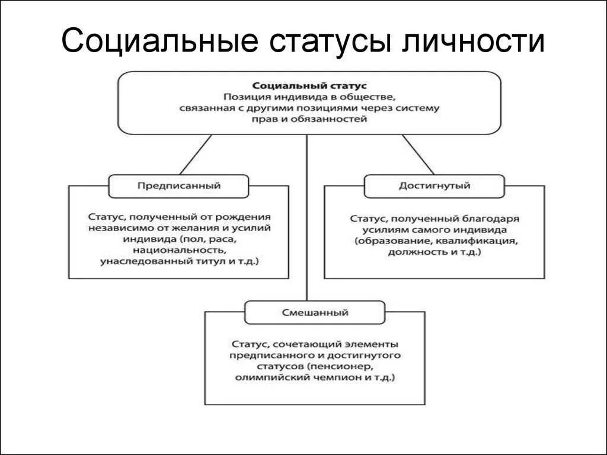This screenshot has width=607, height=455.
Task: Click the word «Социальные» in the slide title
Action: coord(159,41)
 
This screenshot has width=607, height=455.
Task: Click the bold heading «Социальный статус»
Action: coord(309,86)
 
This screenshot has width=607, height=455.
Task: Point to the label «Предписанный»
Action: coord(179,185)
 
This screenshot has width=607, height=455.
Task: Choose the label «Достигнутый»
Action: coord(435,185)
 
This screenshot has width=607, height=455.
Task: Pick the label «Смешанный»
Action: coord(315,312)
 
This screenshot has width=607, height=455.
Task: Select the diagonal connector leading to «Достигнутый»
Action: coord(418,155)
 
